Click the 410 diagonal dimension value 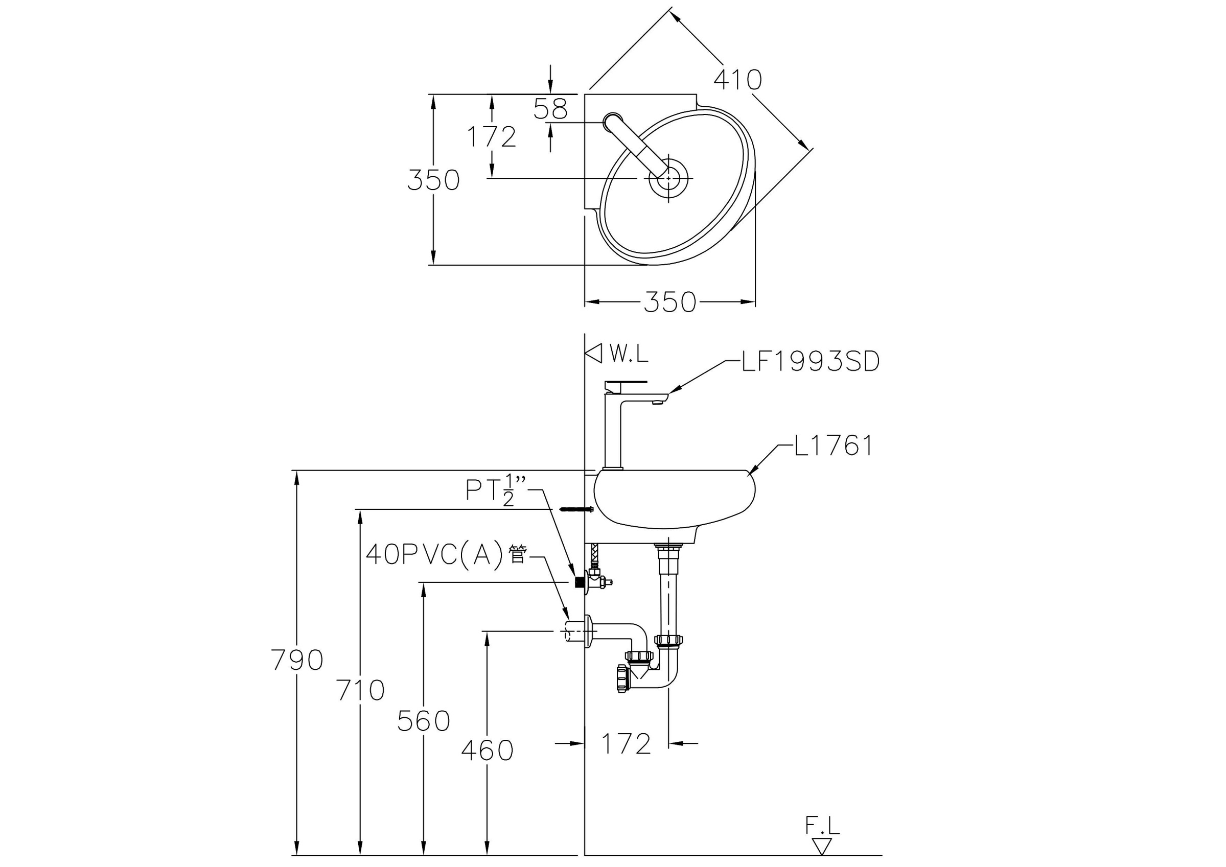737,80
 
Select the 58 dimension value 550,109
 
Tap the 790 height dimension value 297,661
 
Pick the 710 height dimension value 360,690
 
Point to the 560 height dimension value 424,721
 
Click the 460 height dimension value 487,751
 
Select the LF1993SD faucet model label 810,362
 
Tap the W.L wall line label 629,354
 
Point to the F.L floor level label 822,827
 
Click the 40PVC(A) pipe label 446,555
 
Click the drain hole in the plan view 669,178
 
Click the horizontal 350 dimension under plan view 669,302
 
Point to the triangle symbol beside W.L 594,353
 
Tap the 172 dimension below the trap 626,744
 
